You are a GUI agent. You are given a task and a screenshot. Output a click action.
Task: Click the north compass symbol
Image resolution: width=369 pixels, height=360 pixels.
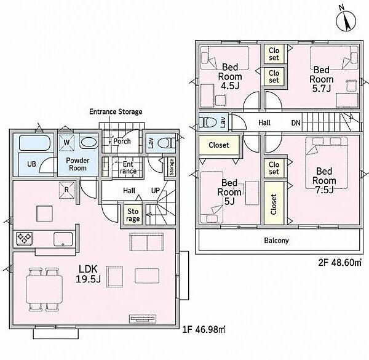pyautogui.click(x=346, y=21)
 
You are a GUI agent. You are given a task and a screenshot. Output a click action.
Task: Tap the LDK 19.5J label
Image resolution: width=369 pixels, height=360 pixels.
pyautogui.click(x=88, y=274)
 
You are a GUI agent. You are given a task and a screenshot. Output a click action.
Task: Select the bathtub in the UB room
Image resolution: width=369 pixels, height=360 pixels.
pyautogui.click(x=34, y=143)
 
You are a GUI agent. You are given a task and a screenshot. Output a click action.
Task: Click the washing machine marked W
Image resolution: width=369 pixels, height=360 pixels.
pyautogui.click(x=66, y=142)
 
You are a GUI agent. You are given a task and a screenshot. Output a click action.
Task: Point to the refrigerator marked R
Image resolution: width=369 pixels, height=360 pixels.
pyautogui.click(x=66, y=190)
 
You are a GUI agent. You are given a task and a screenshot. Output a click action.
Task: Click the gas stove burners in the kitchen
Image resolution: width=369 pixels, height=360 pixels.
pyautogui.click(x=24, y=239)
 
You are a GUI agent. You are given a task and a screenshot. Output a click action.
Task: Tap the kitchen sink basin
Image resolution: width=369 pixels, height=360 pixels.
pyautogui.click(x=63, y=239)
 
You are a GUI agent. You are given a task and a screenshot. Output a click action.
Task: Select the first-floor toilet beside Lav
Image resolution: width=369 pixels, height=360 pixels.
pyautogui.click(x=167, y=143)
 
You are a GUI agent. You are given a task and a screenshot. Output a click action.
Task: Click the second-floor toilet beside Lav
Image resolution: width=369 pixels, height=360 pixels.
pyautogui.click(x=208, y=122)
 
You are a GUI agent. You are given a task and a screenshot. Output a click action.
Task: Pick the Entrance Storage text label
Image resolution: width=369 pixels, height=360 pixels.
pyautogui.click(x=116, y=111)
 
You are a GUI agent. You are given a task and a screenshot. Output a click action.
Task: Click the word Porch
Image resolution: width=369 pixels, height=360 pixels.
pyautogui.click(x=122, y=141)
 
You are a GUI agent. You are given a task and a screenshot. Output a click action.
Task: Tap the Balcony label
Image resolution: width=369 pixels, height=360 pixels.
pyautogui.click(x=276, y=241)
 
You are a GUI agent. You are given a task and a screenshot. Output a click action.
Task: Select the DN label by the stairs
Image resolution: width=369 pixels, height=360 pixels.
pyautogui.click(x=296, y=122)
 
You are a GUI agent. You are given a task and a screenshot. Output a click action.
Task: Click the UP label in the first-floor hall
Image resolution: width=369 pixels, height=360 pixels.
pyautogui.click(x=156, y=191)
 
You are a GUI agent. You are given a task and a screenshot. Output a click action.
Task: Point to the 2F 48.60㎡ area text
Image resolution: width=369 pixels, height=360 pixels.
pyautogui.click(x=340, y=262)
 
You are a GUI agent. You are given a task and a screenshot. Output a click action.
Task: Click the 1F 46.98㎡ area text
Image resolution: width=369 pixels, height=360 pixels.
pyautogui.click(x=204, y=329)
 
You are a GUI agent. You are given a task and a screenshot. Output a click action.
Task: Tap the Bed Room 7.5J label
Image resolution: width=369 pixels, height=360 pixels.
pyautogui.click(x=324, y=180)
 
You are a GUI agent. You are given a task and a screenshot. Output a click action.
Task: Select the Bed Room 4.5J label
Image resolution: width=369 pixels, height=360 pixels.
pyautogui.click(x=230, y=76)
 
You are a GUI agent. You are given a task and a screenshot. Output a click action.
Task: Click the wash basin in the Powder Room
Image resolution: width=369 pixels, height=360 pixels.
pyautogui.click(x=88, y=143)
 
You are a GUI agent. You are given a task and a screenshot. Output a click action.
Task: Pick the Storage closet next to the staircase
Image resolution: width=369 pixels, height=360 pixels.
pyautogui.click(x=133, y=215)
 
